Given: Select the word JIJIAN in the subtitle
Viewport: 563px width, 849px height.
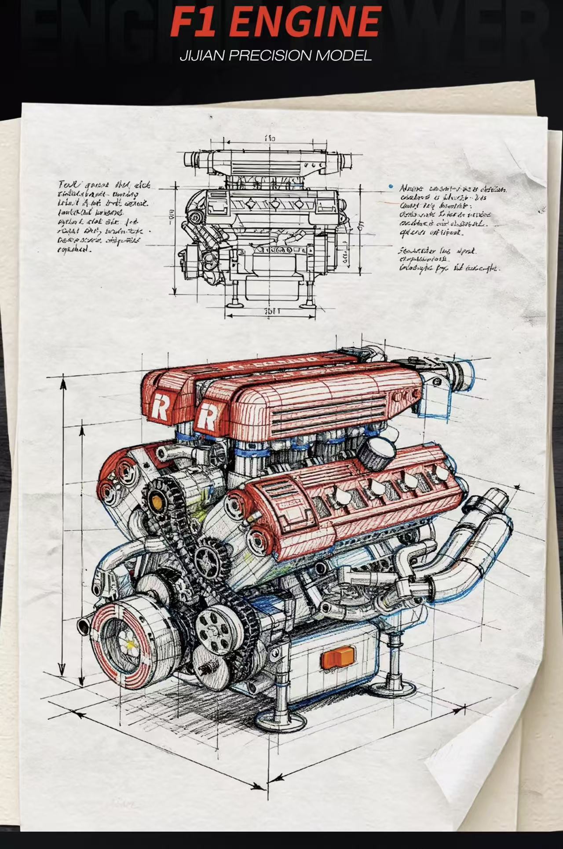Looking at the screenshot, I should coord(202,56).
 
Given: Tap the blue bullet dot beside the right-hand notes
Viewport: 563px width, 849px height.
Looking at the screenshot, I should coord(391,187).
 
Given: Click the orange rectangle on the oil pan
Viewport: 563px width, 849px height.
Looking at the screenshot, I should coord(338,657).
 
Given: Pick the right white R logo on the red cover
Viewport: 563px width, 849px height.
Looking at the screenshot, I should coord(206,417).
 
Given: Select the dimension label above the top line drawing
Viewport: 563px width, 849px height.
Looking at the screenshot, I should coord(270,138).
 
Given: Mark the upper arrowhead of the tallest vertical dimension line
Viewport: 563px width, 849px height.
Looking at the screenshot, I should coord(63,384).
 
